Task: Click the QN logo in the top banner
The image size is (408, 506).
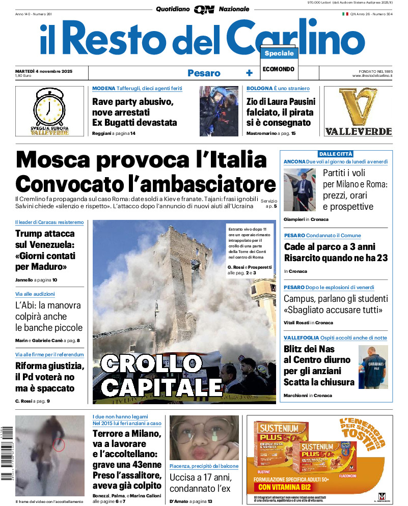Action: click(x=204, y=9)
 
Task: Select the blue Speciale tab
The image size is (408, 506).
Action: click(x=279, y=53)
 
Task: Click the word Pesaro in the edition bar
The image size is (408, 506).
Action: click(x=204, y=73)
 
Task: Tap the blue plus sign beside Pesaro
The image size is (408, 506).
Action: click(x=249, y=73)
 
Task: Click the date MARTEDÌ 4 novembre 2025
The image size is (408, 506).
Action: click(x=44, y=71)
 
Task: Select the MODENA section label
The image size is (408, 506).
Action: click(x=103, y=89)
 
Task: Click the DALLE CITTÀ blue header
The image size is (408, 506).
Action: click(x=336, y=154)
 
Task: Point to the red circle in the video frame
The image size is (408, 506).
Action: click(x=59, y=445)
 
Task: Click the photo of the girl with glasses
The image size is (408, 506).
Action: click(x=204, y=438)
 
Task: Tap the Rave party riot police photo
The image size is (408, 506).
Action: click(x=219, y=110)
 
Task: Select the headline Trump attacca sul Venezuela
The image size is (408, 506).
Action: click(x=45, y=250)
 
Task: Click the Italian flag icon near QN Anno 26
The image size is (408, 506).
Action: click(x=345, y=14)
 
